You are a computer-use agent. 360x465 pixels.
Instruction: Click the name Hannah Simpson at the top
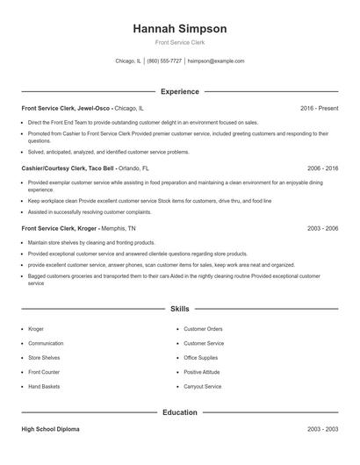(x=179, y=29)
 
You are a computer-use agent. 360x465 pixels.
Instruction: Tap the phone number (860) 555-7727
(x=164, y=61)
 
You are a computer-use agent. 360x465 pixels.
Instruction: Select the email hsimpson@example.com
(x=216, y=61)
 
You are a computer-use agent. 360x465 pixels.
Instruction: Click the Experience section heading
(x=179, y=91)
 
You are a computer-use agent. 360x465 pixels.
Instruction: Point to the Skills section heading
(x=179, y=309)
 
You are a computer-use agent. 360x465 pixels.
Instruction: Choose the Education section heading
(x=179, y=411)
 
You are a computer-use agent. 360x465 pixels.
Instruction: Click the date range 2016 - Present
(x=319, y=108)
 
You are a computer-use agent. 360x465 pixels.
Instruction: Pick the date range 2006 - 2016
(x=322, y=167)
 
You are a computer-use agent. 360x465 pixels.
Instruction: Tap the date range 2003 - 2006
(x=322, y=227)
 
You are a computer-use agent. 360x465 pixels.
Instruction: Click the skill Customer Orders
(x=203, y=329)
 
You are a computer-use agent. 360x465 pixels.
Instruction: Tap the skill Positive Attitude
(x=202, y=372)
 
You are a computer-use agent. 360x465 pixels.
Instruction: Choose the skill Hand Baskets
(x=45, y=386)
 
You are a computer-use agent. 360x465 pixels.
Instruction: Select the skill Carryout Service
(x=203, y=386)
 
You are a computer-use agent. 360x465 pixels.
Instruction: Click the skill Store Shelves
(x=45, y=358)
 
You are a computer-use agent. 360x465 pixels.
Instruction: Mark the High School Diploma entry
(x=50, y=429)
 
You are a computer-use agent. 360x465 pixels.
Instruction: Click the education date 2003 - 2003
(x=322, y=429)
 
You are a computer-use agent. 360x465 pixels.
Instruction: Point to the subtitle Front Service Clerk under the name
(x=179, y=42)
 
